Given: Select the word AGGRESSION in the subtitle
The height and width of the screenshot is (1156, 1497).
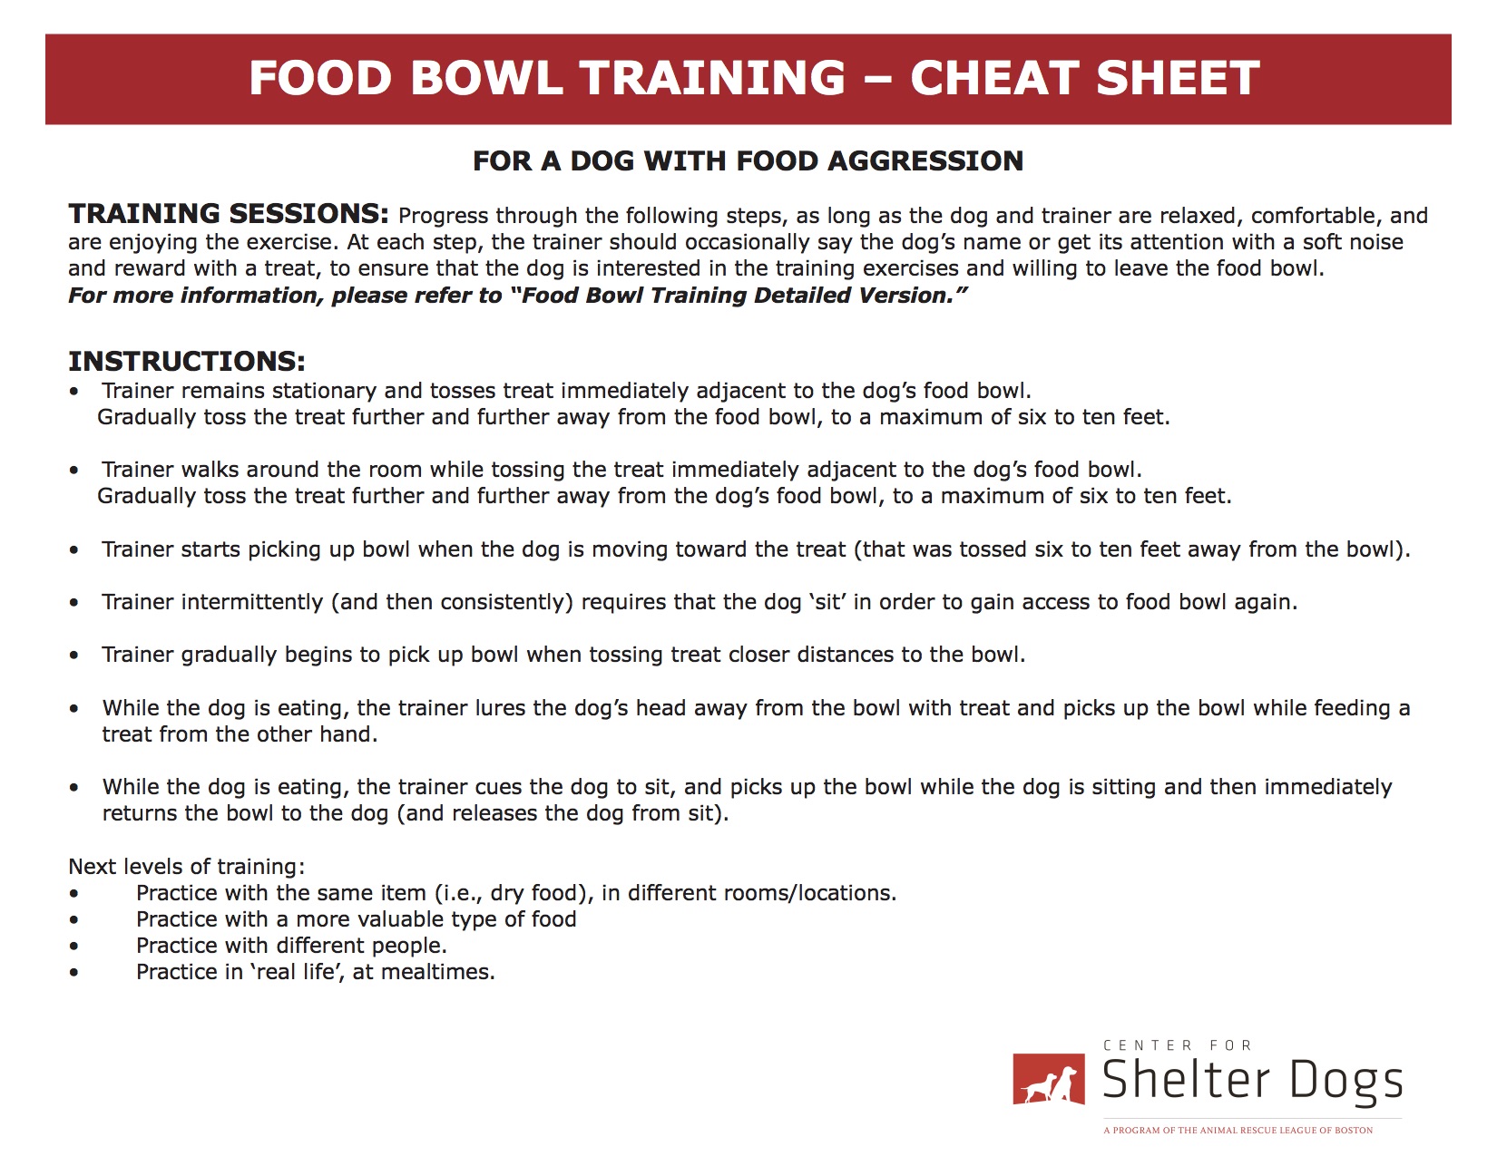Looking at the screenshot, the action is click(925, 161).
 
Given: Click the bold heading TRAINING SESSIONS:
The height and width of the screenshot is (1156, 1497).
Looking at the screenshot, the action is click(229, 213).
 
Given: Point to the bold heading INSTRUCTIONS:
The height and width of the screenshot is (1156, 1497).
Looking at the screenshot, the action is click(186, 362).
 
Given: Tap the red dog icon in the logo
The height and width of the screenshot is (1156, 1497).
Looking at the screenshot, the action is click(1049, 1079).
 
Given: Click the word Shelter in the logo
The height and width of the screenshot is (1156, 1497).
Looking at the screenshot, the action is click(1186, 1079).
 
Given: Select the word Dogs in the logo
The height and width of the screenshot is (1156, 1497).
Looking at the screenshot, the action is click(1345, 1083).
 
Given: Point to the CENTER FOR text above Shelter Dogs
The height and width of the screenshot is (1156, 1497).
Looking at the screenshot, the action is click(1178, 1045).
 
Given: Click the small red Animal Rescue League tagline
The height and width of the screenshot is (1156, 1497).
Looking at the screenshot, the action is click(1238, 1130).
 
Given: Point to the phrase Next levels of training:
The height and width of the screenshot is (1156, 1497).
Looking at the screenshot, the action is click(186, 866).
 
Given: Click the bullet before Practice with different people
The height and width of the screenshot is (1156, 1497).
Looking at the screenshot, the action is click(73, 946).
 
